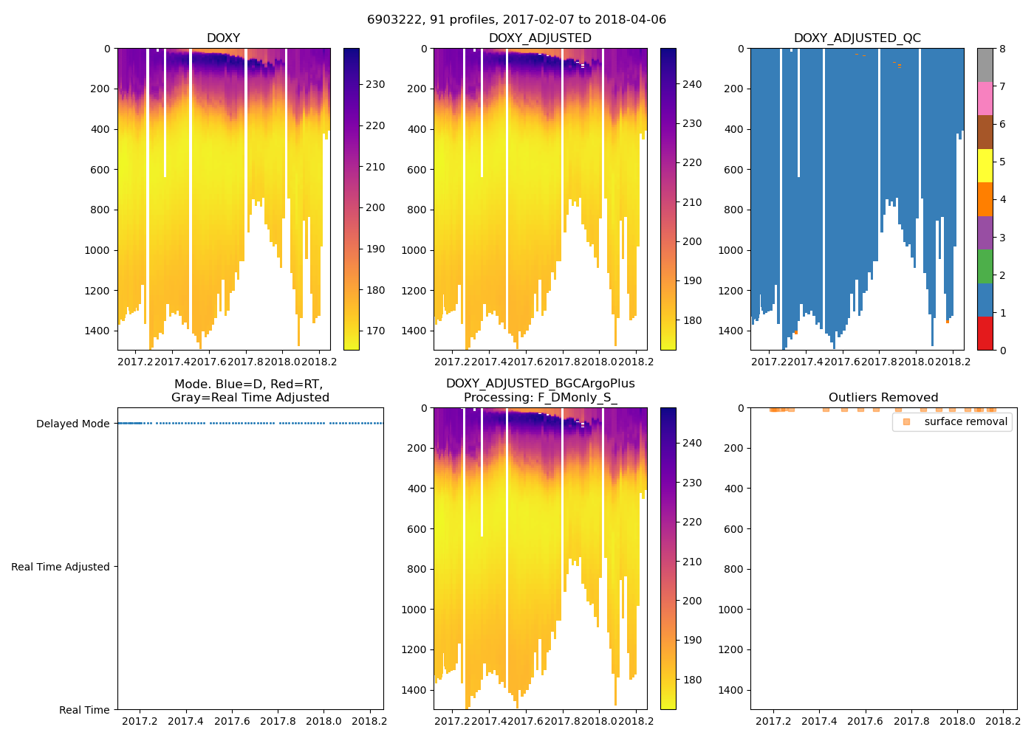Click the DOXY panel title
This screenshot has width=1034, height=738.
[223, 38]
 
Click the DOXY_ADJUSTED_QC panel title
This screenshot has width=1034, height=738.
[857, 38]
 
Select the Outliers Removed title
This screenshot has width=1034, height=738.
[883, 398]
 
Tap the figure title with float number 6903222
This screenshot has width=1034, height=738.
[516, 20]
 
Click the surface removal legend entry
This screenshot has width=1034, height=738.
[965, 422]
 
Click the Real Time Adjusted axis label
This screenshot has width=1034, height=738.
[60, 567]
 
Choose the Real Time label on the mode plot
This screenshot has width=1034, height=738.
[84, 710]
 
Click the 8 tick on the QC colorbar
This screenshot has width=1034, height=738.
[1002, 49]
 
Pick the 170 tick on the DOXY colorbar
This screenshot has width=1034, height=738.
[375, 331]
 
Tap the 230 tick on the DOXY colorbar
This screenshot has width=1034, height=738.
[375, 85]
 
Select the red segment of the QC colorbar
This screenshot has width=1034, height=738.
[985, 334]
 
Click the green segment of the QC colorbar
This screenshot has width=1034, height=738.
[985, 266]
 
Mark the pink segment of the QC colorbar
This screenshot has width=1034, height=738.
[985, 99]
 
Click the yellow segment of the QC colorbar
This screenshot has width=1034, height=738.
[985, 166]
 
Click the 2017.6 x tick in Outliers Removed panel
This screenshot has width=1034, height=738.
[865, 721]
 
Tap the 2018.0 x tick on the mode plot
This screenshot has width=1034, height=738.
[323, 721]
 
